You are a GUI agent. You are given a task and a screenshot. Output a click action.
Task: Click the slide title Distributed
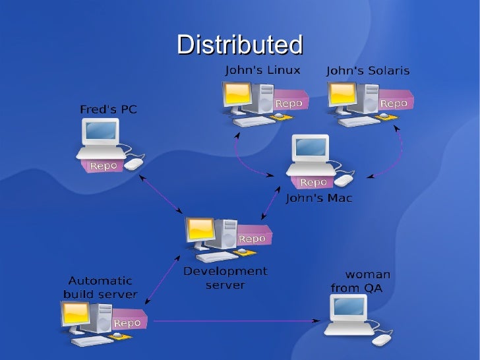pos(239,45)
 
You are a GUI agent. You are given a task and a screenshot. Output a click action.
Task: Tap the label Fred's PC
pos(108,109)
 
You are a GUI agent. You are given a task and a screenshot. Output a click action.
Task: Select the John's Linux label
pos(262,69)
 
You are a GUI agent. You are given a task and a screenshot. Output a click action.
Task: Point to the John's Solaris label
pos(368,70)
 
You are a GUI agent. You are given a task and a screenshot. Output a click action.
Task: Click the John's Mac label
pos(318,197)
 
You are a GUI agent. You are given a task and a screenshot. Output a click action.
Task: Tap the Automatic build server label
pos(100,287)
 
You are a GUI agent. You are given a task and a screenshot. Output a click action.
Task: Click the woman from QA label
pos(361,281)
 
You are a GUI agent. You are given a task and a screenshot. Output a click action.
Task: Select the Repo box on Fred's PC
pos(103,165)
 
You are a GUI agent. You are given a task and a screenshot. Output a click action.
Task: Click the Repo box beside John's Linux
pos(288,104)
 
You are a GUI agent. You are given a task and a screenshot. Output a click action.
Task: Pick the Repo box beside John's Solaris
pos(394,104)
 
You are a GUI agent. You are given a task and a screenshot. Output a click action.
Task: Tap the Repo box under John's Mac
pos(313,182)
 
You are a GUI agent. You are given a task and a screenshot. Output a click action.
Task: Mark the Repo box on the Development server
pos(252,238)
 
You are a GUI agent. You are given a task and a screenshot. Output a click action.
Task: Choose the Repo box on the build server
pos(127,322)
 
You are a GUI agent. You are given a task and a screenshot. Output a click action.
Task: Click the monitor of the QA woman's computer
pos(349,307)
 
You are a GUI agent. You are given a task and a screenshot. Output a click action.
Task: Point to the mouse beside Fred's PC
pos(135,162)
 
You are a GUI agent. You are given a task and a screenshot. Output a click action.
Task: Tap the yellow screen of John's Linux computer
pos(236,96)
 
